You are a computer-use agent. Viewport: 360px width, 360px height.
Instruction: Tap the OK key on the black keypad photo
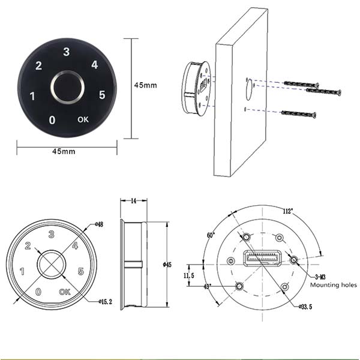(84, 119)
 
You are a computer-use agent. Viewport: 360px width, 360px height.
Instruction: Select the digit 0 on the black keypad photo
(52, 120)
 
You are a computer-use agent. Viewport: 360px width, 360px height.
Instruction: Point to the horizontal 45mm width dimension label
(64, 151)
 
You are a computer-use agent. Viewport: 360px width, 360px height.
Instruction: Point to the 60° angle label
(211, 235)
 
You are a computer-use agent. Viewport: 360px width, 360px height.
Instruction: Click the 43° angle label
(208, 287)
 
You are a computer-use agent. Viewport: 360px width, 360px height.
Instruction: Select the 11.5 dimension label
(189, 275)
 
